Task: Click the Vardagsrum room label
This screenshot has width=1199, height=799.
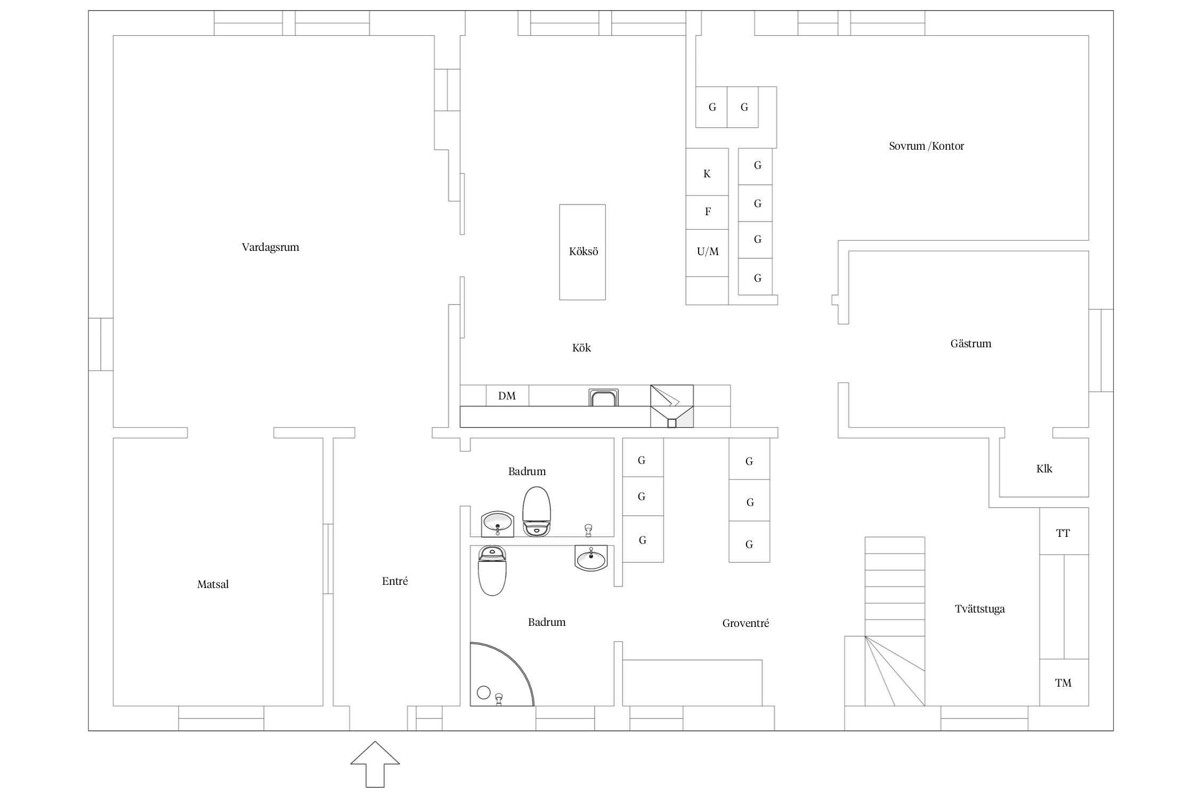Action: pyautogui.click(x=270, y=247)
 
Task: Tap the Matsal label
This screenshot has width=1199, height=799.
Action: pyautogui.click(x=213, y=584)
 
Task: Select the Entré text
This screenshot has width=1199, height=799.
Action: pyautogui.click(x=395, y=581)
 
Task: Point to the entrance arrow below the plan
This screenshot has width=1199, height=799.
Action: pyautogui.click(x=375, y=764)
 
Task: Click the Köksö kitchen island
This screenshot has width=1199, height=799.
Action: pyautogui.click(x=582, y=252)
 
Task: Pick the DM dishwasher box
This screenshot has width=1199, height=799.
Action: pyautogui.click(x=507, y=395)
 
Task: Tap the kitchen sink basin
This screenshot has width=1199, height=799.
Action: pyautogui.click(x=604, y=398)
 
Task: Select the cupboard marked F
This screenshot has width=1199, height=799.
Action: pyautogui.click(x=707, y=213)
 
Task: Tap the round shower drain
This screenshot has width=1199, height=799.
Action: pyautogui.click(x=484, y=692)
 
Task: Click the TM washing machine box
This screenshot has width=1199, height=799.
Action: pyautogui.click(x=1064, y=682)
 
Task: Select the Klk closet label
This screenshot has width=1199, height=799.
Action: pyautogui.click(x=1044, y=469)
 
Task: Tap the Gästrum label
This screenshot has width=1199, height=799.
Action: pyautogui.click(x=971, y=344)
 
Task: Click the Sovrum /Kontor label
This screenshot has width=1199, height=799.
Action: pyautogui.click(x=926, y=146)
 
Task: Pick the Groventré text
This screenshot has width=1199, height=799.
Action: pyautogui.click(x=746, y=623)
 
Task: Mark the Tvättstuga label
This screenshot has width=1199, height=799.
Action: pyautogui.click(x=979, y=609)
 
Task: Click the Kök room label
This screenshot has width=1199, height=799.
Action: pyautogui.click(x=581, y=348)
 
